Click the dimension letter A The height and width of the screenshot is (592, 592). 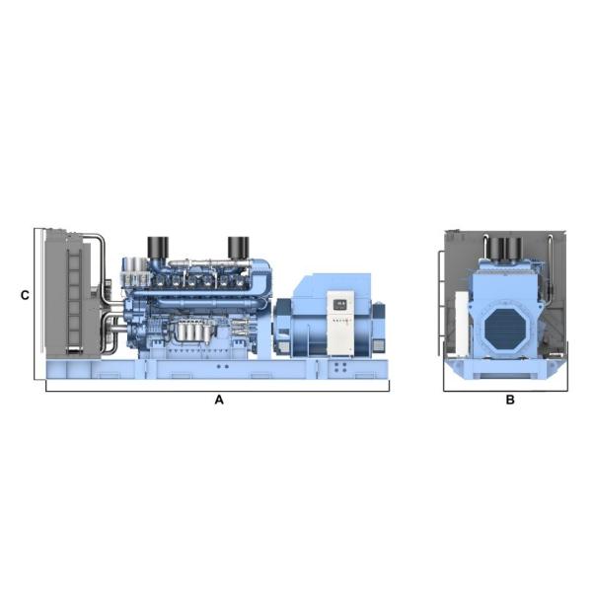pyautogui.click(x=220, y=401)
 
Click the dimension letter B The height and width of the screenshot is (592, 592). pyautogui.click(x=510, y=401)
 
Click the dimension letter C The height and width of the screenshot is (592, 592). pyautogui.click(x=25, y=295)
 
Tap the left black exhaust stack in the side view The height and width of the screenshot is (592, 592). pyautogui.click(x=157, y=247)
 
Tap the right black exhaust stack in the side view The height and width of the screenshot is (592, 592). pyautogui.click(x=238, y=247)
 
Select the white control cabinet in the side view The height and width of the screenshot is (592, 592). pyautogui.click(x=340, y=323)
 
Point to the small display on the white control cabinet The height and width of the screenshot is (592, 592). pyautogui.click(x=340, y=304)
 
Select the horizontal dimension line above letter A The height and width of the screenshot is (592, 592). pyautogui.click(x=217, y=391)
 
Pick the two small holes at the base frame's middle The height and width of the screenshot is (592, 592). pyautogui.click(x=223, y=367)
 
